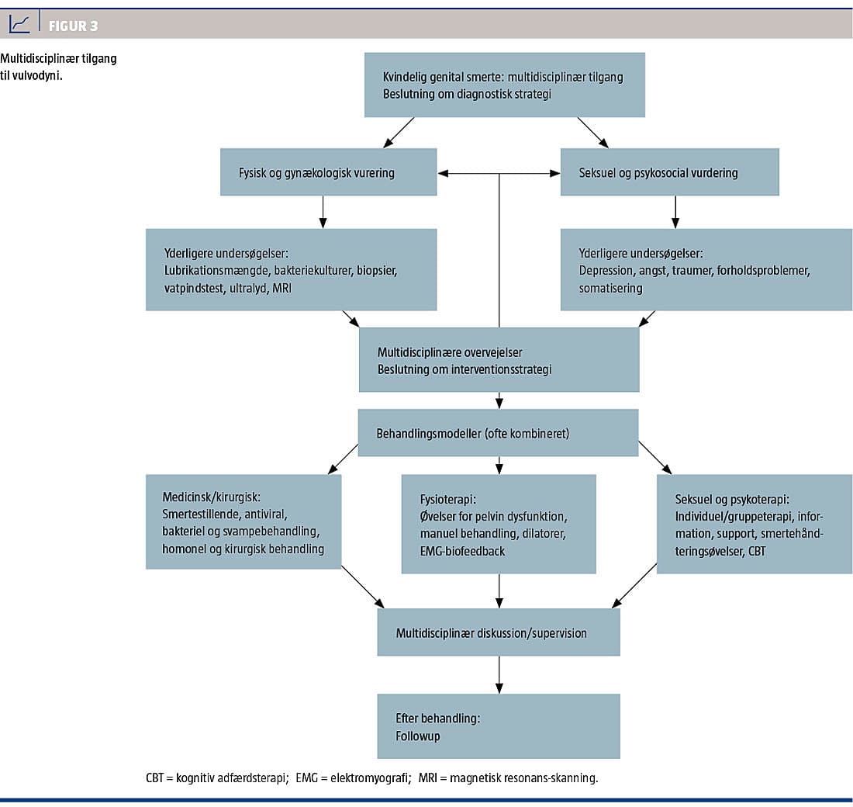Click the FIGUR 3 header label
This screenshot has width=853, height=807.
[73, 26]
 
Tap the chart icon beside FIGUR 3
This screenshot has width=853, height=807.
[19, 24]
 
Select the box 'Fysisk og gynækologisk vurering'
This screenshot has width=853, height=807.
[329, 172]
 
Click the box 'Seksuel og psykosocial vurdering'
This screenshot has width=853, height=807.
[670, 172]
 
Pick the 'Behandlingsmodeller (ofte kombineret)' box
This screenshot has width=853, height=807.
[498, 433]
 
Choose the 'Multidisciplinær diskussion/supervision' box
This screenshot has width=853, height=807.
[499, 632]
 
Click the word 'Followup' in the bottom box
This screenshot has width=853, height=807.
[418, 736]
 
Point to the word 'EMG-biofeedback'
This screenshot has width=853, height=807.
[462, 551]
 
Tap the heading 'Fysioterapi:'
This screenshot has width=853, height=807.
[447, 500]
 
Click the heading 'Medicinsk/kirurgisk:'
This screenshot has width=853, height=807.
[211, 497]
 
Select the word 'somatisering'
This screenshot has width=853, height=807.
[610, 288]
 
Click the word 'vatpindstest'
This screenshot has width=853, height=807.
[194, 288]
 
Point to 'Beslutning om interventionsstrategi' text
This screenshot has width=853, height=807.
[464, 369]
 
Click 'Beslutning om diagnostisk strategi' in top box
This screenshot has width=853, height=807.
[467, 94]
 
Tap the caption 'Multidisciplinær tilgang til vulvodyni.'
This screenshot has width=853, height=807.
[58, 67]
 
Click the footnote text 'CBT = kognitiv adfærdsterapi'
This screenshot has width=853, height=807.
[216, 778]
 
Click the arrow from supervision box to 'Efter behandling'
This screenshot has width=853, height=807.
[499, 674]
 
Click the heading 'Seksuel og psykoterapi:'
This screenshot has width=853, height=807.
[732, 500]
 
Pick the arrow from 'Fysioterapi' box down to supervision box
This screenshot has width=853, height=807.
[499, 591]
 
